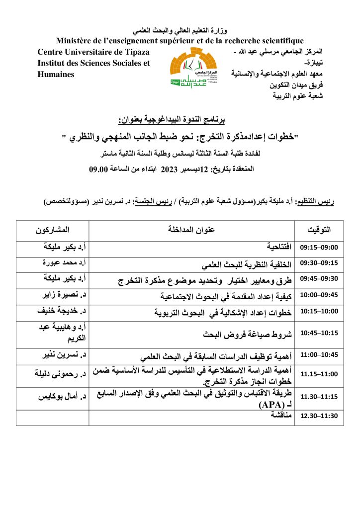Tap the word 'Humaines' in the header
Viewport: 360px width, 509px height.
[56, 75]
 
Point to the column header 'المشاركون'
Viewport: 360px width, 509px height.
[52, 230]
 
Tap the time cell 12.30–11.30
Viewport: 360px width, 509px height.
[319, 416]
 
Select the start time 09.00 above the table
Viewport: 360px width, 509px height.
[98, 170]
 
